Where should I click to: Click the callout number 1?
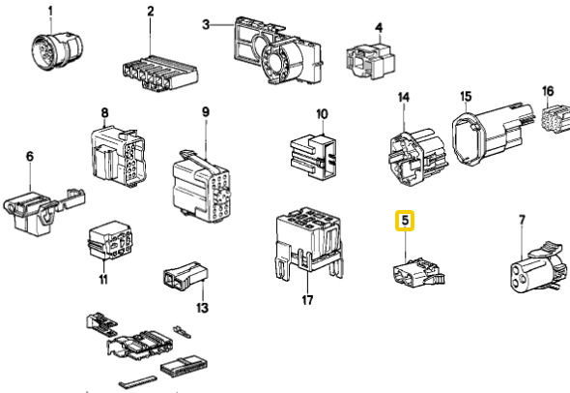50,12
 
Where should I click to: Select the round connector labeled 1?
56,51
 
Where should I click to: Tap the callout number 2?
151,12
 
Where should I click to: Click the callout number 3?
206,25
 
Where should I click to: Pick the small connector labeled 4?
370,61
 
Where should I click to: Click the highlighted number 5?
405,221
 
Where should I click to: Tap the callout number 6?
30,157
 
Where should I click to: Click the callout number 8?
104,112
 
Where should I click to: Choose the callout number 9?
206,112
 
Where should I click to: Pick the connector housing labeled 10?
313,157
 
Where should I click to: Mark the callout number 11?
103,280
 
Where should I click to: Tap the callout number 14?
404,97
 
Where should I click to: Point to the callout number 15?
466,97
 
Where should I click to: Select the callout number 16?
548,91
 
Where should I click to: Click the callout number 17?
307,300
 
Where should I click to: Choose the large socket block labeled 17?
310,243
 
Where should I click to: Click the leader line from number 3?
222,25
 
